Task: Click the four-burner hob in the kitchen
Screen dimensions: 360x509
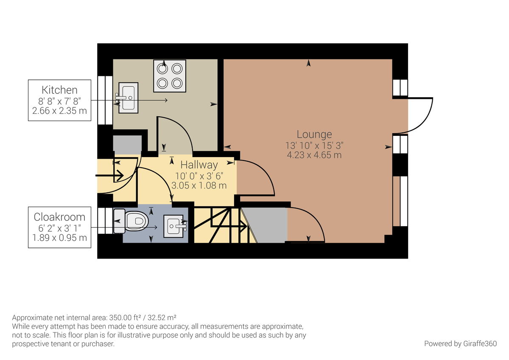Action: (x=170, y=76)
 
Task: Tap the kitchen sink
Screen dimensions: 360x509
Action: (x=127, y=98)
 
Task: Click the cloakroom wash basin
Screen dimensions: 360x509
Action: (x=176, y=226)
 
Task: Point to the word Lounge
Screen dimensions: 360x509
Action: (x=314, y=135)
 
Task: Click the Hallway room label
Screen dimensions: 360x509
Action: (x=199, y=165)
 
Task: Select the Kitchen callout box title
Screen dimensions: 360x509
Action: (x=59, y=90)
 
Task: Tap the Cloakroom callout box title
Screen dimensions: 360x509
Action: (x=59, y=217)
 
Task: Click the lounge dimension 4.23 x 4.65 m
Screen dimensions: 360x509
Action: (x=314, y=155)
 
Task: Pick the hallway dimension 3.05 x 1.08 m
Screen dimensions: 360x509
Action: (x=199, y=186)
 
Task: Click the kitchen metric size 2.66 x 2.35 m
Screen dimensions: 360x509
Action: (x=59, y=111)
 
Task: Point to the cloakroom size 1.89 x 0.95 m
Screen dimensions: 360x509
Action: (x=59, y=238)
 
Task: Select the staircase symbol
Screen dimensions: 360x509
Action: (x=221, y=225)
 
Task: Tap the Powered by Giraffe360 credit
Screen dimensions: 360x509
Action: (x=460, y=343)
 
